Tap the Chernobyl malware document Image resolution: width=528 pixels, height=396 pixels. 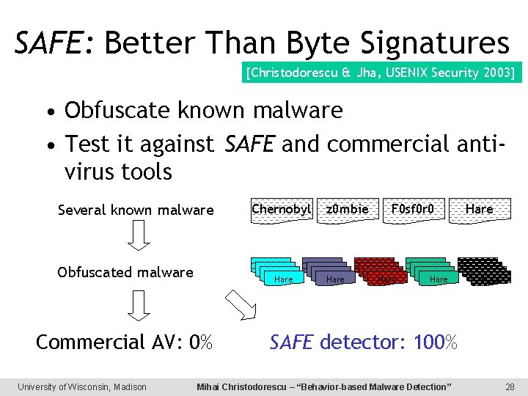[x=281, y=210]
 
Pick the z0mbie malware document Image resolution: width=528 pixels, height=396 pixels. [x=347, y=210]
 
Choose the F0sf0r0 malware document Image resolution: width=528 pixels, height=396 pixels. [x=413, y=210]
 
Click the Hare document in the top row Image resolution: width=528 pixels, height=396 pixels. [x=479, y=210]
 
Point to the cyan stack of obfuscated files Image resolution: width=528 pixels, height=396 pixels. [x=276, y=272]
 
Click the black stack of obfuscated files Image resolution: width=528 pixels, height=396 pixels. [x=483, y=272]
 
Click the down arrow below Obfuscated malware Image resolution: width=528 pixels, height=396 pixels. [x=137, y=305]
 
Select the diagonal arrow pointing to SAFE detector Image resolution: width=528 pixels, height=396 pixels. [x=241, y=303]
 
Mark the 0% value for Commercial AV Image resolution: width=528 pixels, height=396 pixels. [x=200, y=342]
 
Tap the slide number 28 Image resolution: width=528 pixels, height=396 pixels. [x=510, y=386]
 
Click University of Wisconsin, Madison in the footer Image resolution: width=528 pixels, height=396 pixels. [x=82, y=386]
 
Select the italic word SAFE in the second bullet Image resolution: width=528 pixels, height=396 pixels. [x=249, y=144]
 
